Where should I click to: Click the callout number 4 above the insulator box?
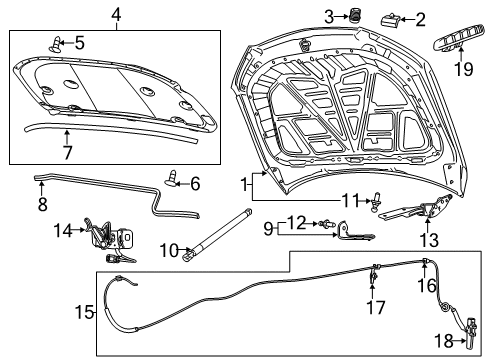[x=116, y=15]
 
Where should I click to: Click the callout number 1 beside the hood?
[x=243, y=184]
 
